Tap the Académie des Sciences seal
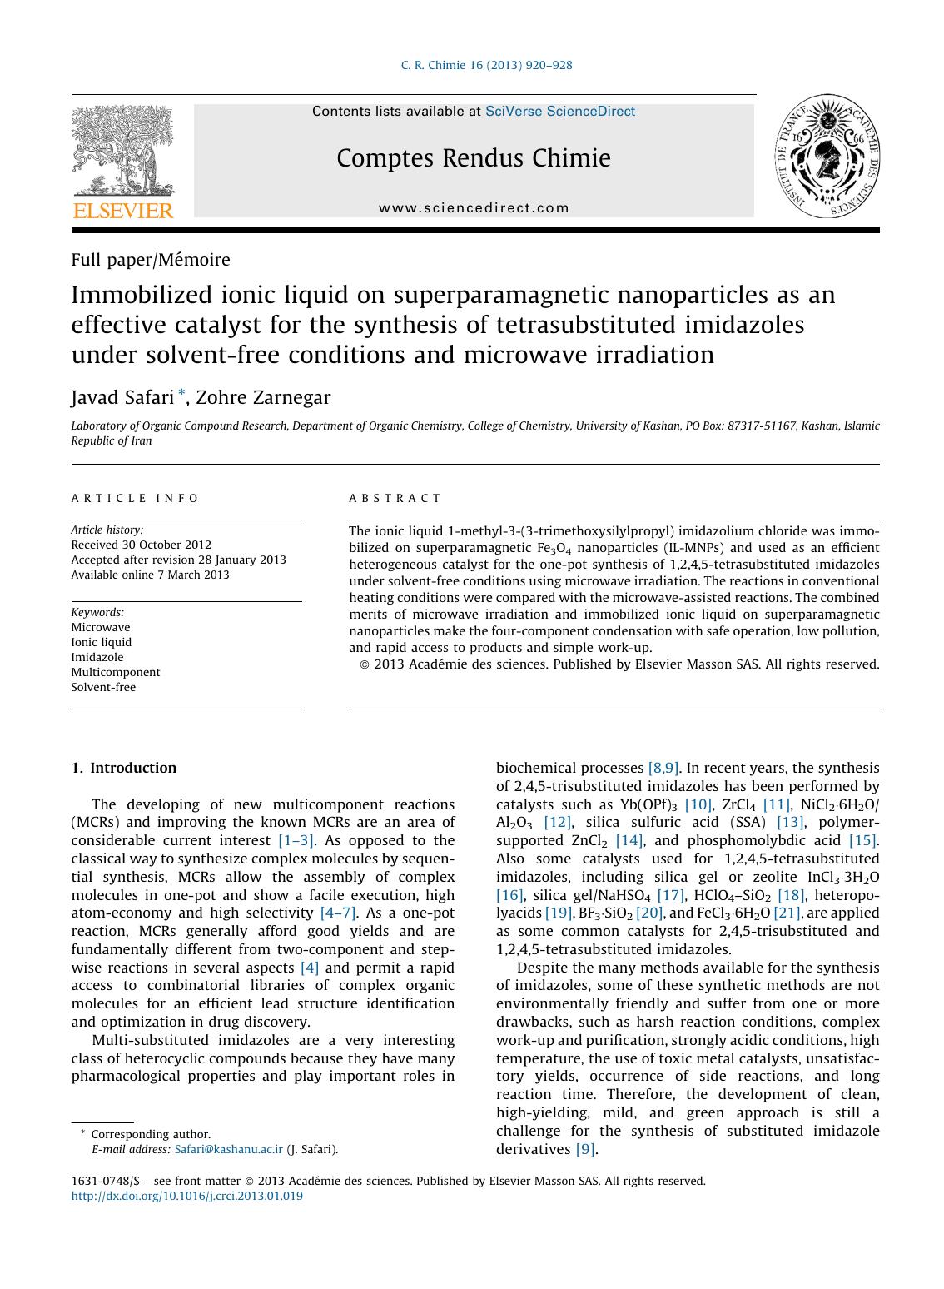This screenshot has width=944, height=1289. [x=827, y=156]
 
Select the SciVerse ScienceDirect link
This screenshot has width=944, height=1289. [x=559, y=112]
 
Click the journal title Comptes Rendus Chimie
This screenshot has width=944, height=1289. [x=474, y=158]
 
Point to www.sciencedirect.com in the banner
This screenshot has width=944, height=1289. [x=474, y=208]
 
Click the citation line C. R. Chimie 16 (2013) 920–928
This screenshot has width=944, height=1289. [x=486, y=65]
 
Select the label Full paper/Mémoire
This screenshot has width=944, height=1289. [x=151, y=260]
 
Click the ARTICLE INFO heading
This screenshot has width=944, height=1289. [x=136, y=498]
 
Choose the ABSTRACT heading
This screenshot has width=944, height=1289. [x=395, y=498]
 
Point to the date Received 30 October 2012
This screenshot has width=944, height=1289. [x=141, y=545]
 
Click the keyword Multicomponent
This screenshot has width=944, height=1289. [x=116, y=672]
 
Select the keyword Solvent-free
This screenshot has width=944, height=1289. [x=103, y=687]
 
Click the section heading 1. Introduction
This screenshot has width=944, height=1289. [x=124, y=768]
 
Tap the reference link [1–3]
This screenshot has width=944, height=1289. [x=296, y=840]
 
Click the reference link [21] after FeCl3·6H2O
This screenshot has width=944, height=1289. [x=787, y=913]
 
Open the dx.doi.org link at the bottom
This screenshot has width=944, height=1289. [x=187, y=1196]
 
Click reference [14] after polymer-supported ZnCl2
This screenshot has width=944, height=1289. [x=629, y=840]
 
